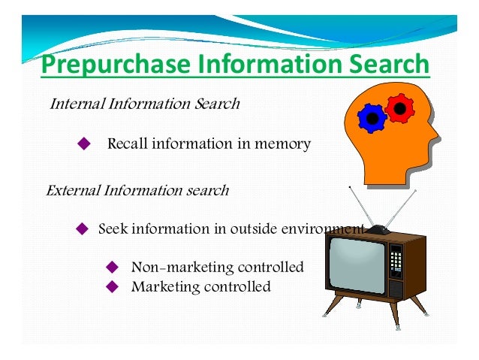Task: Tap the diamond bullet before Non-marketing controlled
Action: [113, 267]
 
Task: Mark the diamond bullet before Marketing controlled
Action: [113, 286]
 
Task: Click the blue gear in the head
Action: [371, 118]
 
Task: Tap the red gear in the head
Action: [400, 109]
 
